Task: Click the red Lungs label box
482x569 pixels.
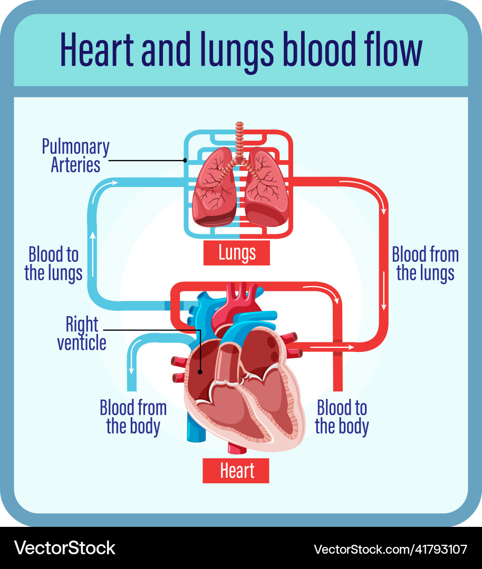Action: click(x=237, y=253)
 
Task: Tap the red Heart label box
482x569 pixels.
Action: click(x=236, y=470)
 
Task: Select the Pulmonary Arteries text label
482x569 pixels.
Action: click(x=75, y=156)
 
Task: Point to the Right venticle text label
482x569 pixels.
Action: click(x=82, y=333)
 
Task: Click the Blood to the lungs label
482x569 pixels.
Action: click(x=53, y=264)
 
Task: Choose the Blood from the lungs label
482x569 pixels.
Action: click(x=425, y=264)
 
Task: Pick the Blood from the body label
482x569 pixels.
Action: click(x=133, y=417)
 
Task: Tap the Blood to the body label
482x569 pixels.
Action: click(x=342, y=417)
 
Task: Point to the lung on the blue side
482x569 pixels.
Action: click(x=214, y=187)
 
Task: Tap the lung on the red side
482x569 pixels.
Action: click(x=267, y=187)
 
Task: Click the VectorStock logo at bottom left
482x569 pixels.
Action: click(x=64, y=548)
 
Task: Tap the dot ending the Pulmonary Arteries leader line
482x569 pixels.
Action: click(x=185, y=160)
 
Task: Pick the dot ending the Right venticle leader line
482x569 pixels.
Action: click(x=200, y=372)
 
